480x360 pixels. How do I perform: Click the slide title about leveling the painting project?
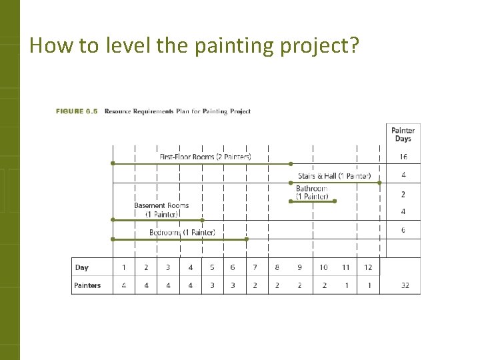(194, 45)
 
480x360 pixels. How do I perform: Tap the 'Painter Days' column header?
(403, 135)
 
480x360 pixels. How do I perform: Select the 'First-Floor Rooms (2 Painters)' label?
(205, 157)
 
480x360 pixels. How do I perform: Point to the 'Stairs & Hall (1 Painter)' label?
(334, 176)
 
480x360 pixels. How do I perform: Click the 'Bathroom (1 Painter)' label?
(312, 193)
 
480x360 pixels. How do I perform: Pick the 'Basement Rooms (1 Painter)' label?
(161, 210)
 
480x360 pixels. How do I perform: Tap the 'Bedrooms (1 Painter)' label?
(182, 233)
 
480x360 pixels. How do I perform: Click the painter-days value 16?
(403, 157)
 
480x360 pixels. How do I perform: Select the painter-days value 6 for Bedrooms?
(403, 230)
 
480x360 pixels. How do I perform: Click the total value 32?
(405, 285)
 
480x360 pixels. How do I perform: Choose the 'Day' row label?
(81, 267)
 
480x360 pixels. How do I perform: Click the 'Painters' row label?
(87, 285)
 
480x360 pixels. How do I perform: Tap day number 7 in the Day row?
(255, 267)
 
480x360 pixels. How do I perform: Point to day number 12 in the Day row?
(367, 267)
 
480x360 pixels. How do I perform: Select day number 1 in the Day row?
(123, 267)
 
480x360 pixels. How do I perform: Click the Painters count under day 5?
(212, 285)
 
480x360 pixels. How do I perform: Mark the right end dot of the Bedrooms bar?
(247, 239)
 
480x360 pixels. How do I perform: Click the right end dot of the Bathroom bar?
(335, 201)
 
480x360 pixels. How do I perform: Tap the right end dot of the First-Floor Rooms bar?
(291, 163)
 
